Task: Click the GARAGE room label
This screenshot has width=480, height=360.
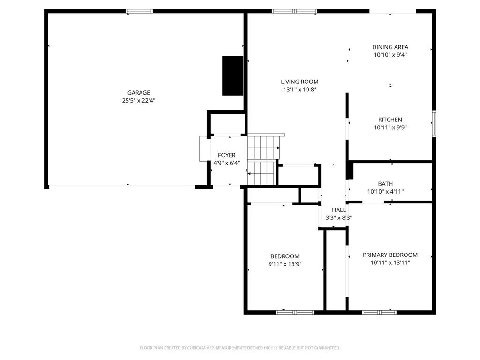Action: (x=139, y=93)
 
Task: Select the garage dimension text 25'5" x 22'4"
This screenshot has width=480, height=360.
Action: (x=139, y=100)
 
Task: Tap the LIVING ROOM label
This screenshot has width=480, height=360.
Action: (x=300, y=82)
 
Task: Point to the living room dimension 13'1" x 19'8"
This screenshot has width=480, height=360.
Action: (x=300, y=89)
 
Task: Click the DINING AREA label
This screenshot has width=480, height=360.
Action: (x=390, y=47)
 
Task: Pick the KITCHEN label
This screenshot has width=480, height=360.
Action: (x=390, y=120)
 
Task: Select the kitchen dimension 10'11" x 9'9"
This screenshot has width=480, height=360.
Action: (x=390, y=127)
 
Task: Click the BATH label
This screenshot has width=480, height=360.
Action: (x=385, y=184)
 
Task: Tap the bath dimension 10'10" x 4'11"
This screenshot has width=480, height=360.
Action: (x=385, y=191)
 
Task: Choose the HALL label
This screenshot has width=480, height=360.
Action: (x=338, y=210)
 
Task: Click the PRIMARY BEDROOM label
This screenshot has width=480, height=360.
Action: (x=390, y=255)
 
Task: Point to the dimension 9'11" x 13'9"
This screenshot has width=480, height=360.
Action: (x=285, y=264)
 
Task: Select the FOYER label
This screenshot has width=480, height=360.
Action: (x=226, y=155)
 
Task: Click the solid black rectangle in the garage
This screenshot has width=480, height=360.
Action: (x=232, y=75)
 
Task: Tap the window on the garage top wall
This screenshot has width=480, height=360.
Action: (x=140, y=11)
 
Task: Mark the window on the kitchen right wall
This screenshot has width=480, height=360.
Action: (x=434, y=124)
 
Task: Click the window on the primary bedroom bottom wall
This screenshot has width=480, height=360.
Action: (x=379, y=312)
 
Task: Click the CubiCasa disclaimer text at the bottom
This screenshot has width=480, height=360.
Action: (x=240, y=348)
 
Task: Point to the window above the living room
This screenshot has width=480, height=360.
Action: (x=294, y=11)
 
